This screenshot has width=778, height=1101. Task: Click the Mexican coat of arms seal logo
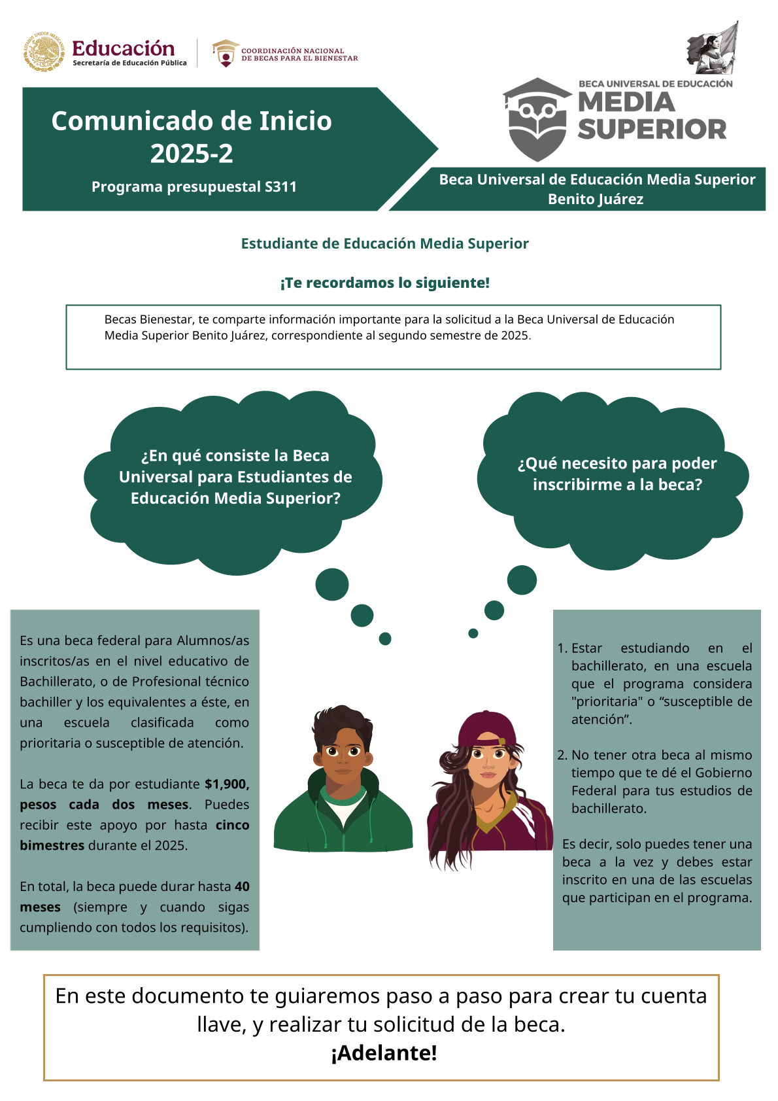coord(44,52)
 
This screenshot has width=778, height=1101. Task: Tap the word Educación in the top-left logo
coord(123,48)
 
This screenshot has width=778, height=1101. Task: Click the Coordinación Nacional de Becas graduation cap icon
coord(225,53)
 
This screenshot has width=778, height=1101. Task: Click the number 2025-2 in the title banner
coord(192,154)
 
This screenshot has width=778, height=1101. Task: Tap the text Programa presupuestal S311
coord(194,187)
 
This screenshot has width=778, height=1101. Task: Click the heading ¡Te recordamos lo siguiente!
coord(384,283)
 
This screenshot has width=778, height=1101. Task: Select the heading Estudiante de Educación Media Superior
coord(384,243)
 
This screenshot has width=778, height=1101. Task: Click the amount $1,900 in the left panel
coord(226,784)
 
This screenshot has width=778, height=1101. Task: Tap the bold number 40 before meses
coord(242,886)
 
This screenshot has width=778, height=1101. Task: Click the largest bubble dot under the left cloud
coord(332,584)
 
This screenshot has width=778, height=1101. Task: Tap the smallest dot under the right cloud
coord(473,633)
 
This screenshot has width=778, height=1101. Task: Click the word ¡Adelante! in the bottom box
coord(384,1053)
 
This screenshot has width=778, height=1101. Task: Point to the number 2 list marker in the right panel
coord(562,755)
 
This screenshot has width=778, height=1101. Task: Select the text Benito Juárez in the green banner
coord(596,199)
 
